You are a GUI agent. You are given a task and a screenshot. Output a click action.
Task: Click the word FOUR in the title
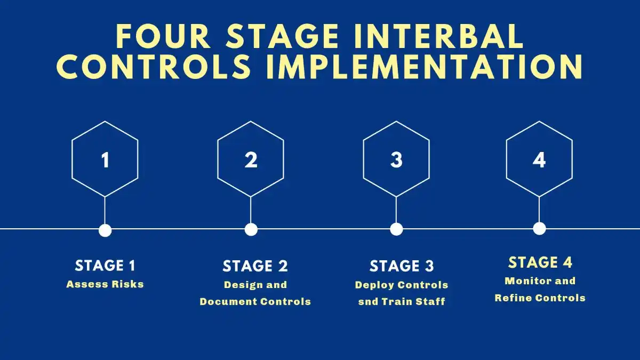click(x=163, y=37)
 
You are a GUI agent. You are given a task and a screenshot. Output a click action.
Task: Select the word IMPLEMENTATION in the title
click(x=425, y=67)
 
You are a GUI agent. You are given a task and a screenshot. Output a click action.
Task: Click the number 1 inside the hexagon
click(x=105, y=160)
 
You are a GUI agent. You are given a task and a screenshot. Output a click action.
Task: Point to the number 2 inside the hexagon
click(x=251, y=160)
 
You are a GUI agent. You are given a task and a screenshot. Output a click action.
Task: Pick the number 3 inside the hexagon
click(x=396, y=160)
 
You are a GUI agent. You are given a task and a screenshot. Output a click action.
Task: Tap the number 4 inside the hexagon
click(x=539, y=160)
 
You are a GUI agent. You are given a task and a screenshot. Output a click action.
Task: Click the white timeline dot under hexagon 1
click(x=105, y=230)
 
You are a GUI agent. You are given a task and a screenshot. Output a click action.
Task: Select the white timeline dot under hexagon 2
click(x=251, y=229)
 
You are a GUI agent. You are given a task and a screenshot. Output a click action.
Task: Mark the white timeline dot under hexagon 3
click(x=397, y=229)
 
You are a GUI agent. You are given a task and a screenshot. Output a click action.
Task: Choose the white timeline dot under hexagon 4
click(x=539, y=229)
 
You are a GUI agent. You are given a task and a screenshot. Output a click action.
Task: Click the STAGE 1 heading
click(x=105, y=266)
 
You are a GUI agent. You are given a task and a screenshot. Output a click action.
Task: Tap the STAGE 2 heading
click(x=255, y=266)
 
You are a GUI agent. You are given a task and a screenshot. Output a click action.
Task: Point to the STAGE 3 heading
click(x=402, y=266)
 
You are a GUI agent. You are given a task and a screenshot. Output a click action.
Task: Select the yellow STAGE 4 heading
click(x=540, y=262)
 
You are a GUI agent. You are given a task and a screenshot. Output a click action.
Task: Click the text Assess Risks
click(x=105, y=284)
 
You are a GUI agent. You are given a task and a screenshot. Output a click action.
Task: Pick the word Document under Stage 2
click(x=228, y=302)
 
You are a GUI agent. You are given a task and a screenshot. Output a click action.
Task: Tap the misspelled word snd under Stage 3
click(x=368, y=302)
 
